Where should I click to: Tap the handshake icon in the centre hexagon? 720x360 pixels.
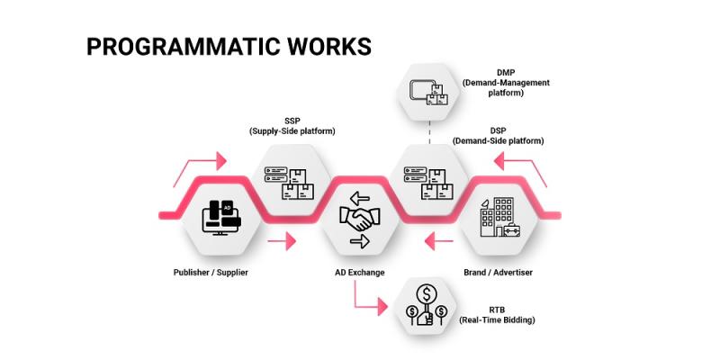tap(359, 220)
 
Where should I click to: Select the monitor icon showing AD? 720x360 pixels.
tap(221, 218)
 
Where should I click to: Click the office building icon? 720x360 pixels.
tap(500, 217)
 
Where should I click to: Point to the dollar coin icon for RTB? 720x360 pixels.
tap(427, 306)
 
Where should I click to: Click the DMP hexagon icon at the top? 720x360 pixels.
tap(429, 93)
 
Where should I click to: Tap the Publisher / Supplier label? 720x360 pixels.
tap(211, 273)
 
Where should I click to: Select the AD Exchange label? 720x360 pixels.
tap(359, 273)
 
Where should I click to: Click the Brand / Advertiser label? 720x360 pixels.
tap(499, 273)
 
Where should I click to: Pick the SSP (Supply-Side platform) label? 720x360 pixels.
tap(292, 126)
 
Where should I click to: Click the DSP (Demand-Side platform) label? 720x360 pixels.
tap(499, 137)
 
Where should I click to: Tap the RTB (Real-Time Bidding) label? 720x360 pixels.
tap(498, 315)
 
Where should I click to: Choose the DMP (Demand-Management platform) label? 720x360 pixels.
tap(506, 83)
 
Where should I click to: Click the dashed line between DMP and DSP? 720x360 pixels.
tap(430, 132)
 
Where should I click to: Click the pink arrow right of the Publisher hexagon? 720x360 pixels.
tap(282, 241)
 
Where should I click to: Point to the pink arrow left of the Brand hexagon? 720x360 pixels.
tap(439, 241)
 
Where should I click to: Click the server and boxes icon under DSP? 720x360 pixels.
tap(427, 183)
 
